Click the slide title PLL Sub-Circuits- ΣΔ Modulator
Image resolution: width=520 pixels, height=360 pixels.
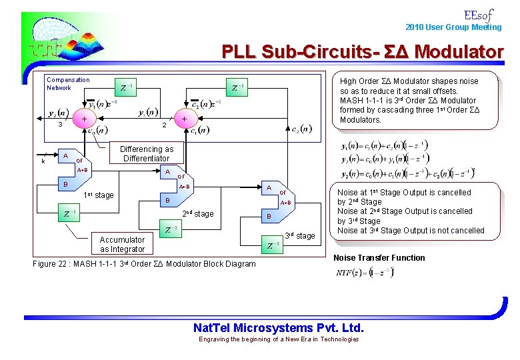click(363, 51)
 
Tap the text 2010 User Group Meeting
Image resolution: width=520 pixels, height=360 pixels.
click(453, 27)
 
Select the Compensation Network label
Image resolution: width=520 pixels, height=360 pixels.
click(68, 83)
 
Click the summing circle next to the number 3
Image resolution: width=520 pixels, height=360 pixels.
click(84, 119)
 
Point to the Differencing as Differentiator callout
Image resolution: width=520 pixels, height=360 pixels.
click(147, 154)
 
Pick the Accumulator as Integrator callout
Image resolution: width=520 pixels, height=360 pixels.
click(122, 244)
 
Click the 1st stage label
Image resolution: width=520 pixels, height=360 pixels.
click(99, 195)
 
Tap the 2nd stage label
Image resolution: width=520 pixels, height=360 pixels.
click(198, 213)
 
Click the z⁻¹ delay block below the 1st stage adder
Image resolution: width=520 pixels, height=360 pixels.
click(69, 213)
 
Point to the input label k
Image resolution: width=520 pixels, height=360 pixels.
click(43, 161)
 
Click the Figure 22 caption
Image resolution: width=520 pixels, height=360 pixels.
click(144, 264)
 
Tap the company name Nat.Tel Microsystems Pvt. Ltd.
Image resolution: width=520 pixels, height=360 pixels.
click(278, 327)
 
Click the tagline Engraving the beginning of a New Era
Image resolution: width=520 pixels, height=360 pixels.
click(279, 339)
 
